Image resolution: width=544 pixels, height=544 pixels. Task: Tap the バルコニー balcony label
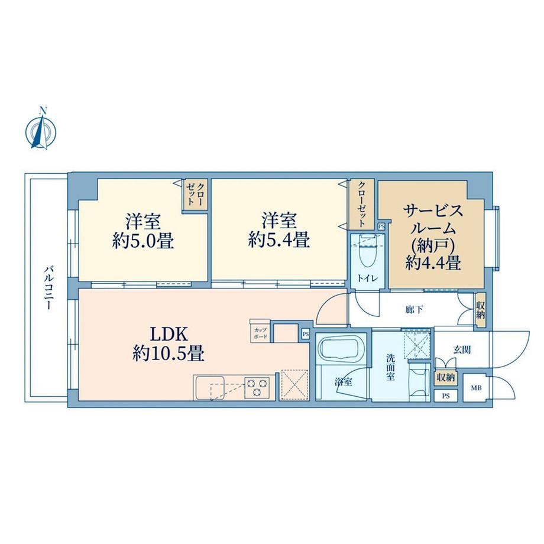click(x=49, y=287)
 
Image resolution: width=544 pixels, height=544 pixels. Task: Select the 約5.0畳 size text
click(x=143, y=241)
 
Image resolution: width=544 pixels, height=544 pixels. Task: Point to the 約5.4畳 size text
click(x=279, y=239)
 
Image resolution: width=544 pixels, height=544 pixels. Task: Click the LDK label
click(x=169, y=335)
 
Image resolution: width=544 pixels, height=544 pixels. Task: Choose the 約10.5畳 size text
click(x=169, y=354)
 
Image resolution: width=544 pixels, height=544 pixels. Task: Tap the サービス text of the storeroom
click(x=433, y=211)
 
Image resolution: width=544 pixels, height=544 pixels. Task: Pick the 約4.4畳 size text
click(x=433, y=263)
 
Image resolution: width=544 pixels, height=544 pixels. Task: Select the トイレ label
click(x=367, y=279)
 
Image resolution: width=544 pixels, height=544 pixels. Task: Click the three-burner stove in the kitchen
click(x=257, y=387)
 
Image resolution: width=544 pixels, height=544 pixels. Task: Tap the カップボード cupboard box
click(x=260, y=331)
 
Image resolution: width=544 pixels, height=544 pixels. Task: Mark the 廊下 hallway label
click(x=414, y=309)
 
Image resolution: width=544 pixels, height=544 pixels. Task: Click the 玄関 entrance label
click(x=462, y=349)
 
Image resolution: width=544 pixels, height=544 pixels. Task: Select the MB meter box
click(x=475, y=388)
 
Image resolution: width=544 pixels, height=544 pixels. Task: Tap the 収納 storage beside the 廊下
click(x=480, y=310)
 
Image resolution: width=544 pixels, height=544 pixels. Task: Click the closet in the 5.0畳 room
click(x=196, y=195)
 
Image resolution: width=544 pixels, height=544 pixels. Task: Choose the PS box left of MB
click(x=446, y=396)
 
